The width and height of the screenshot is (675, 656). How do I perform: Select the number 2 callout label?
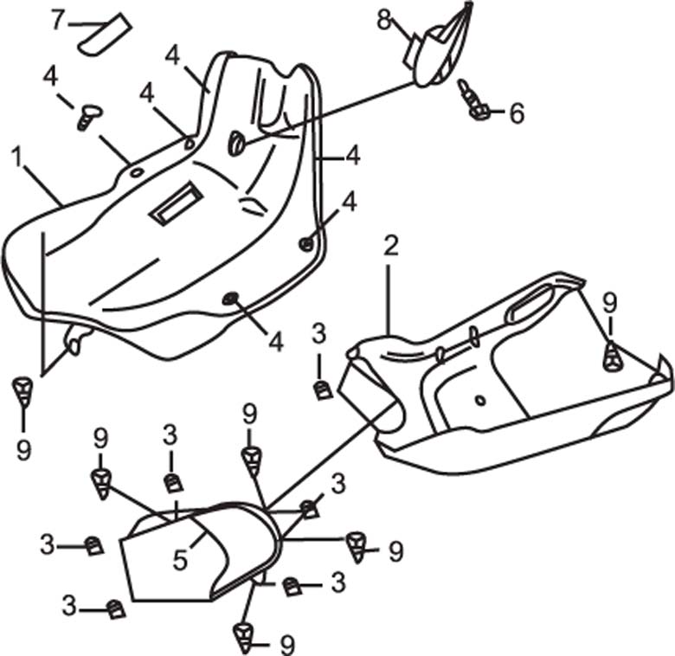(391, 246)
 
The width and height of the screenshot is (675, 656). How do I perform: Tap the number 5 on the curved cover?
(180, 559)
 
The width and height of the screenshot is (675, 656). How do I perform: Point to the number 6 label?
(517, 113)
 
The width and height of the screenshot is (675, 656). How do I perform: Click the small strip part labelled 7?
(104, 33)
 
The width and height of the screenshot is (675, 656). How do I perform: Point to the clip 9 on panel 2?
(612, 356)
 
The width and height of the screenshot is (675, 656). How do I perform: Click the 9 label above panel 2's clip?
(610, 302)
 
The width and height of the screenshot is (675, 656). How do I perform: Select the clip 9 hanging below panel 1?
(23, 391)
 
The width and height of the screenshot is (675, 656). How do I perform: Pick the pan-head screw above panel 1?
(87, 114)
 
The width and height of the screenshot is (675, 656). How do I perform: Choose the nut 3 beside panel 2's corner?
(322, 388)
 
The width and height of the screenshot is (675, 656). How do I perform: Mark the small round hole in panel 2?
(480, 399)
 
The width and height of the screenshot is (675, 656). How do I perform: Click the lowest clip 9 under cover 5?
(246, 637)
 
